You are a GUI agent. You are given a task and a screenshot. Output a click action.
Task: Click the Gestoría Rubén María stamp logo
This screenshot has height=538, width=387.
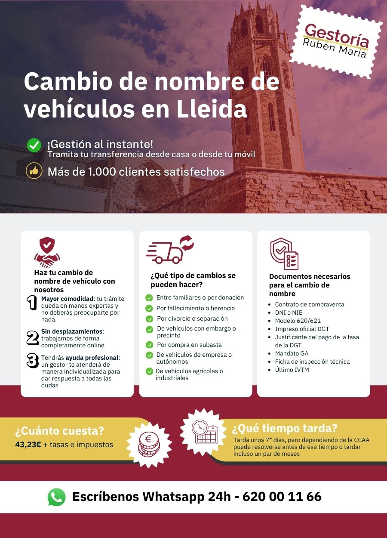(x=336, y=42)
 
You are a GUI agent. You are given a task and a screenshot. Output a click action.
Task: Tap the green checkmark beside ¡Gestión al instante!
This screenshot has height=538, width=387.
(x=34, y=145)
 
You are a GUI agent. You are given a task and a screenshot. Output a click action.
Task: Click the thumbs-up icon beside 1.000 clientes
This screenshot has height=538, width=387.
(x=34, y=171)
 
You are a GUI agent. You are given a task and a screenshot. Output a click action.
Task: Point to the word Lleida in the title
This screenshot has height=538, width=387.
(x=212, y=109)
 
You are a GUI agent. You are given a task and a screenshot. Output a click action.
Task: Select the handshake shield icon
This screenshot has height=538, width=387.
(x=47, y=251)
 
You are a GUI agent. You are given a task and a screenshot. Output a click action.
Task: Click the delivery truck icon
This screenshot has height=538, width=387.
(x=169, y=250)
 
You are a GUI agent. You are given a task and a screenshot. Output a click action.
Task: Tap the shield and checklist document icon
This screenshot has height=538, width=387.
(x=284, y=254)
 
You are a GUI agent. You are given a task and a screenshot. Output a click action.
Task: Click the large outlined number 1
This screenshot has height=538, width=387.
(x=32, y=303)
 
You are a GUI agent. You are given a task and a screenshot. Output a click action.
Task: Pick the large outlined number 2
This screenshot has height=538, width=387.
(x=32, y=337)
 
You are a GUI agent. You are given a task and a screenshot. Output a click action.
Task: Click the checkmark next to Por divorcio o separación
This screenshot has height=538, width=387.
(x=149, y=319)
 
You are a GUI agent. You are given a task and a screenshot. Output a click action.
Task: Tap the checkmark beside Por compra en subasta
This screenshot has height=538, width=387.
(x=149, y=345)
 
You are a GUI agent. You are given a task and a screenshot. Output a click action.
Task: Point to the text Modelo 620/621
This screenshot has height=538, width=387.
(x=298, y=321)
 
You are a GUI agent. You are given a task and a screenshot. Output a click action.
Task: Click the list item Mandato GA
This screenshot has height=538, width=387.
(x=292, y=353)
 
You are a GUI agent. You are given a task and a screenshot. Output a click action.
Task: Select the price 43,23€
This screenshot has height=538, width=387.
(x=28, y=445)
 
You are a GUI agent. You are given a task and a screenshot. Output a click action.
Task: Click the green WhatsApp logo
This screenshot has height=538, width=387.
(x=57, y=497)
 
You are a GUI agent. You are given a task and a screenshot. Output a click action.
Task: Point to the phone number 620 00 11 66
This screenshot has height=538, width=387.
(x=282, y=497)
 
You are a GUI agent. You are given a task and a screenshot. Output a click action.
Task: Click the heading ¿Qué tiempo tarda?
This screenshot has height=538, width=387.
(x=284, y=429)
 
